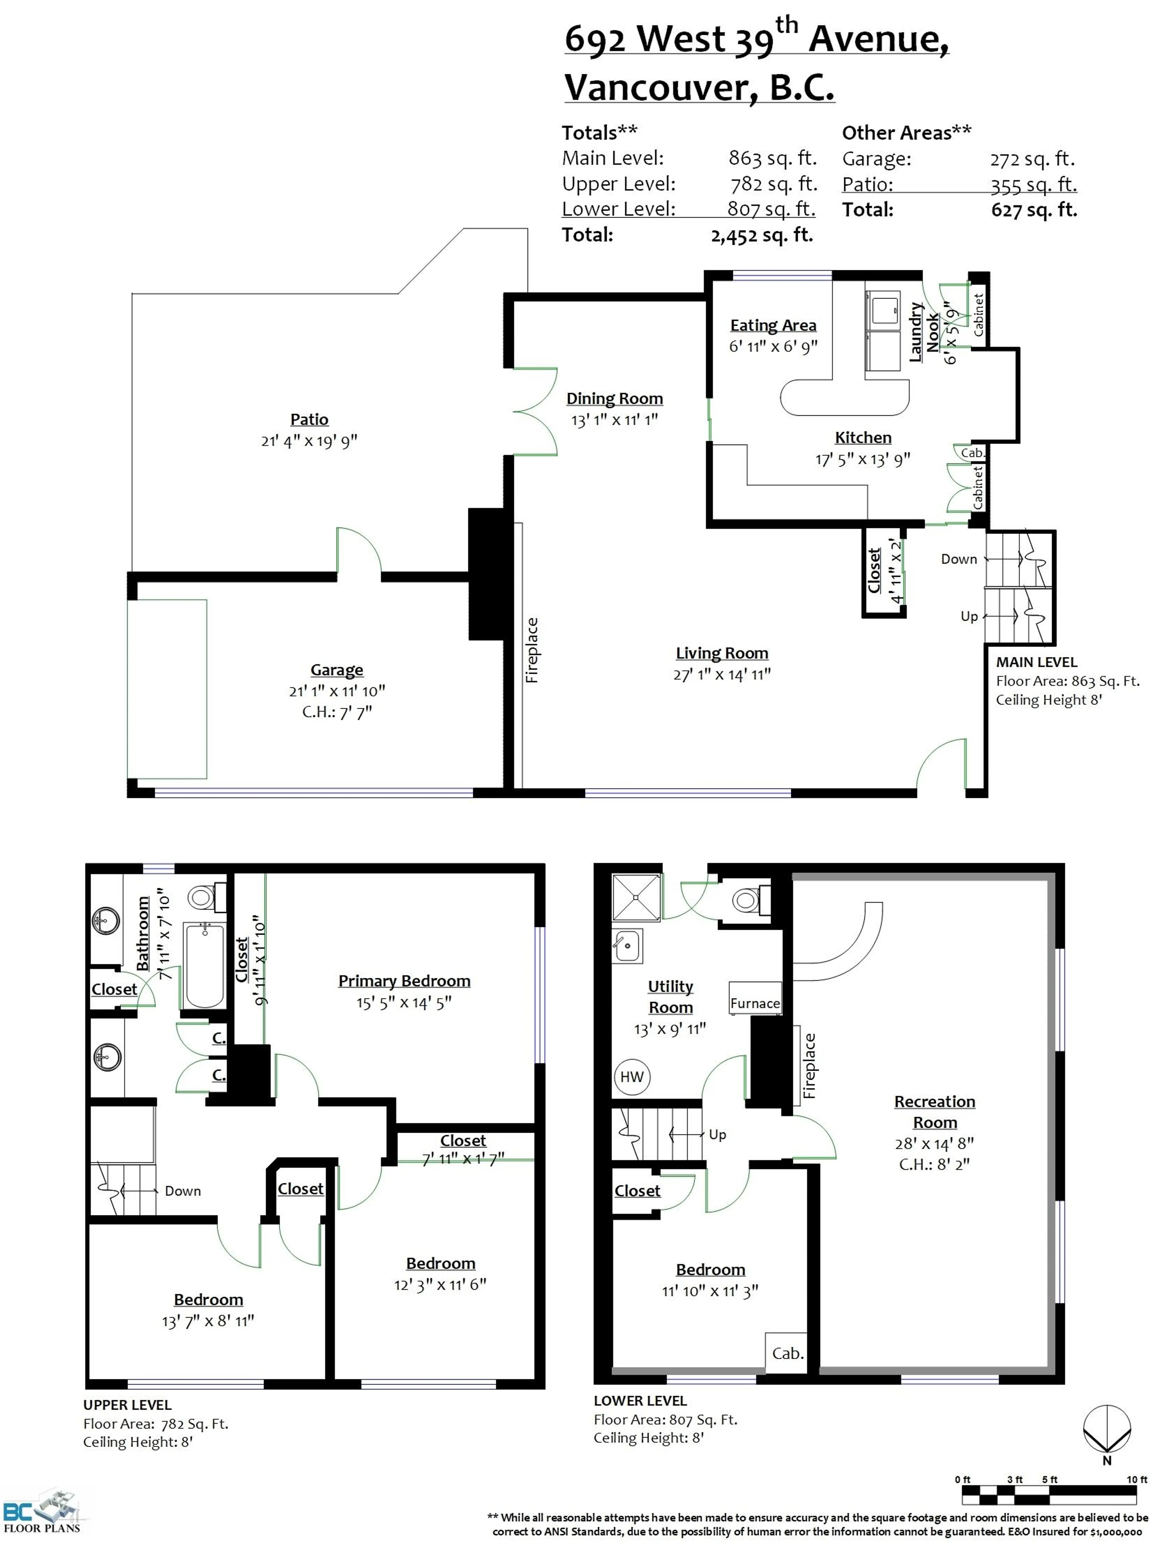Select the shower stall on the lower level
click(635, 897)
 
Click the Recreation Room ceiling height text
click(934, 1164)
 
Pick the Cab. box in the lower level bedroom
click(787, 1353)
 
